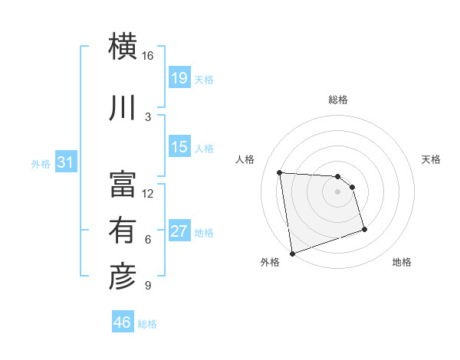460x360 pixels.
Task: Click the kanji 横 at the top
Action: tap(123, 47)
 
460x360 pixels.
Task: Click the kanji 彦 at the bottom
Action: tap(123, 277)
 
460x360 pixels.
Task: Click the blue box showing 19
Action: tap(179, 78)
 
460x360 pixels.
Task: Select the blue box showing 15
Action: tap(179, 147)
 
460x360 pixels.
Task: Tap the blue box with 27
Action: tap(179, 231)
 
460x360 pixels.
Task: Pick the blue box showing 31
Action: tap(65, 162)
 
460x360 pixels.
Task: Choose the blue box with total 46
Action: tap(123, 322)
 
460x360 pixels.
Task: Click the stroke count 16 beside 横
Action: tap(147, 56)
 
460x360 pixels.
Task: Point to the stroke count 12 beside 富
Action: tap(147, 193)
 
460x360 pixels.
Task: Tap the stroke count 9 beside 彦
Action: tap(147, 286)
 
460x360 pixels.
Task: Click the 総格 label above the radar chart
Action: tap(338, 100)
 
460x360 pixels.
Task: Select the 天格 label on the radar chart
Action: tap(432, 159)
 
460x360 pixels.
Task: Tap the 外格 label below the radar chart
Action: tap(270, 262)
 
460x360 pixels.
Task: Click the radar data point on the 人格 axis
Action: tap(280, 172)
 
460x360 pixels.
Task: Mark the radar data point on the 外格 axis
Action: tap(292, 253)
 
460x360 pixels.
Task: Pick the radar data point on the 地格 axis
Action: tap(364, 229)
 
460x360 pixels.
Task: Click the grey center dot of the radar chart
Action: tap(338, 191)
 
